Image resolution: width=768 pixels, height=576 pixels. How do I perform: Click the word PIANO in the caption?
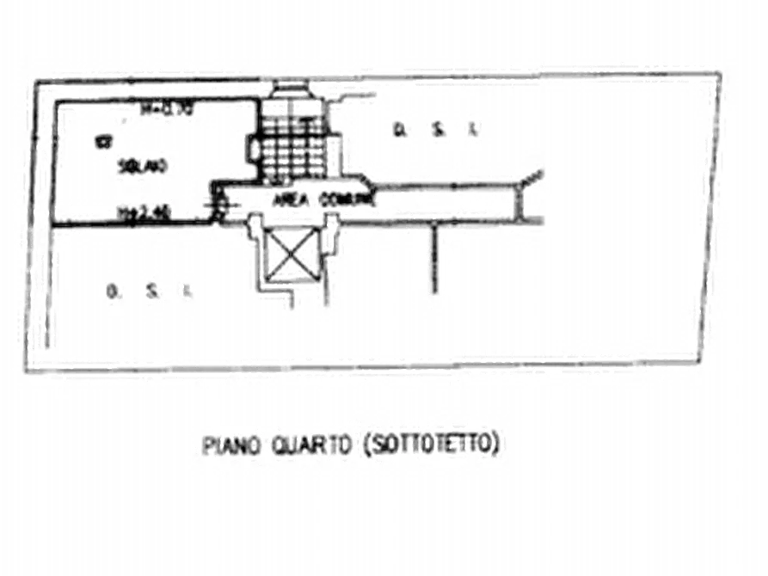pyautogui.click(x=223, y=445)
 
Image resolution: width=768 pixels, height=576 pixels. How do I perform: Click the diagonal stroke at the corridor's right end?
pyautogui.click(x=536, y=176)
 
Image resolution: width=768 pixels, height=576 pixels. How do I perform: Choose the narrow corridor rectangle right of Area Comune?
pyautogui.click(x=447, y=203)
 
